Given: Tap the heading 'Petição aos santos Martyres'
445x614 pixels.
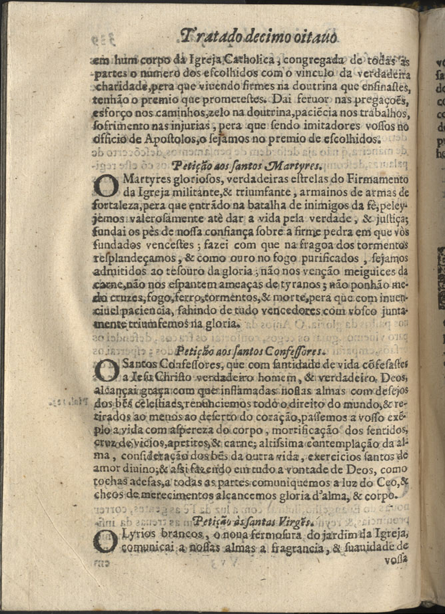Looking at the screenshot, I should (x=229, y=164).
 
